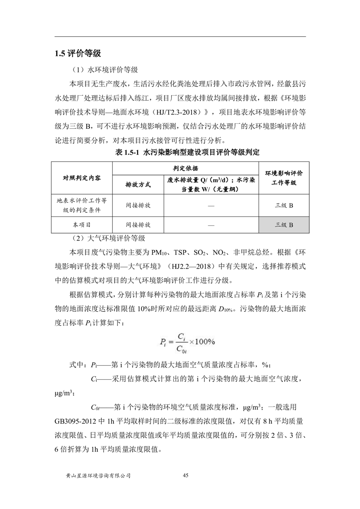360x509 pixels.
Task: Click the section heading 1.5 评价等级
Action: (x=77, y=53)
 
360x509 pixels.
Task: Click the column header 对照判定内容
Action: (x=82, y=177)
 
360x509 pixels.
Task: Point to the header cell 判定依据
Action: (x=186, y=168)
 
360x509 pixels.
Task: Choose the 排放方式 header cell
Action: (x=138, y=185)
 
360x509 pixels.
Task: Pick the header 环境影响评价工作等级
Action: (x=284, y=177)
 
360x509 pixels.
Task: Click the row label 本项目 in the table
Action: (x=82, y=225)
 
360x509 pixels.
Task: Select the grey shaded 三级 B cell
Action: (x=284, y=225)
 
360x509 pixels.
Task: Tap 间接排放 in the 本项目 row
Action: (x=138, y=225)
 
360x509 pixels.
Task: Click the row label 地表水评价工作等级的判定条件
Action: (x=82, y=206)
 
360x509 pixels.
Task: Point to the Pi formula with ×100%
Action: (x=187, y=341)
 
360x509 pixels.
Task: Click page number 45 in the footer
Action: (x=185, y=475)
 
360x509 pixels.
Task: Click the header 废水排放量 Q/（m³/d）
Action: (x=200, y=180)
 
